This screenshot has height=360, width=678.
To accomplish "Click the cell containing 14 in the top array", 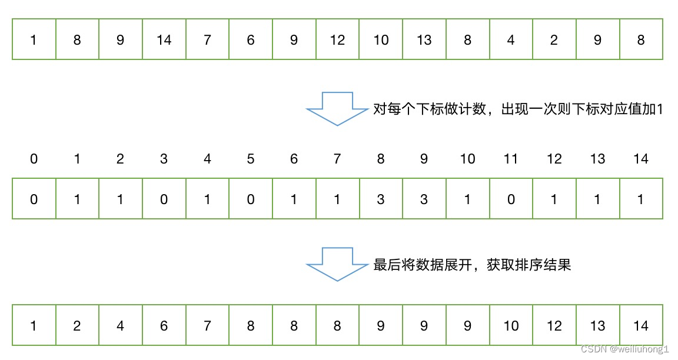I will [164, 40].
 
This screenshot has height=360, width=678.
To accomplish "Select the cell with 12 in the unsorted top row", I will [337, 40].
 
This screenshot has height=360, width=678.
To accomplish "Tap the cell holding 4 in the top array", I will [511, 40].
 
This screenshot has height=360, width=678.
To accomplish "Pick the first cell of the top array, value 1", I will [34, 40].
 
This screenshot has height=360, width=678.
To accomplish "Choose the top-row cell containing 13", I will [424, 40].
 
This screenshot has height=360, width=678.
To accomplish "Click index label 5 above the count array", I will [251, 159].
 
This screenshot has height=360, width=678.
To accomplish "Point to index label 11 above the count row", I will [511, 159].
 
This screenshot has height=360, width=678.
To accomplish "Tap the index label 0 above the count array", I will [34, 159].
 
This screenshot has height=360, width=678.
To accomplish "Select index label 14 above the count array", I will [641, 159].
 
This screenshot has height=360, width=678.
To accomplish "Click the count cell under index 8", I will [381, 199].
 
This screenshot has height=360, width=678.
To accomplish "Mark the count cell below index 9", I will [424, 199].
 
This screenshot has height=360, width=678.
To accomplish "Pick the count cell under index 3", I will [164, 199].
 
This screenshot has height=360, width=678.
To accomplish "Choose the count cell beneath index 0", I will [34, 199].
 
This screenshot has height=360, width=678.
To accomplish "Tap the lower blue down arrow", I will [337, 265].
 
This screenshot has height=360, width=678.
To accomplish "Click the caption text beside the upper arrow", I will [518, 109].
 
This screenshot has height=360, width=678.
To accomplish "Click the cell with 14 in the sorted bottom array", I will [641, 325].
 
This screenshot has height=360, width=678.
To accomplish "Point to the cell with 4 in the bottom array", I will [121, 325].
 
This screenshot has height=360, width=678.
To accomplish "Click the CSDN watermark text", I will [625, 349].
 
